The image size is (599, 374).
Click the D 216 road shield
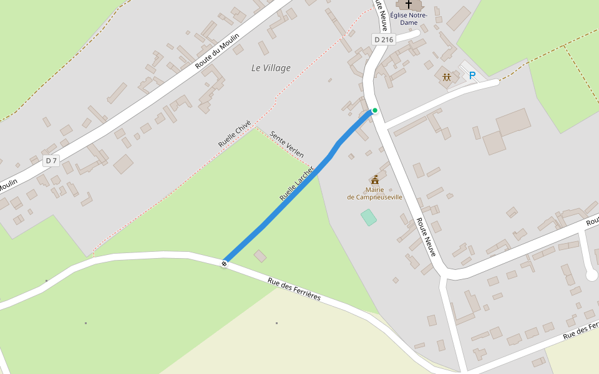[384, 39]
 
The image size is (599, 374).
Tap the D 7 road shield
[51, 161]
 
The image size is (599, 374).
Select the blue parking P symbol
[472, 76]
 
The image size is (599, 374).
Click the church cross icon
[409, 4]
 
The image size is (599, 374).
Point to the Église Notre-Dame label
[409, 18]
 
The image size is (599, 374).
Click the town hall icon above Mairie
[374, 180]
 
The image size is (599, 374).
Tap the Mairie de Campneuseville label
[374, 193]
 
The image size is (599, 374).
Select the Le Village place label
[271, 68]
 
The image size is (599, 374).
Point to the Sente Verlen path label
[287, 144]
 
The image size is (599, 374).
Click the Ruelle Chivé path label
[234, 134]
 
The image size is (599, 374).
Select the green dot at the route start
[375, 110]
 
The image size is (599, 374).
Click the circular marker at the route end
[224, 264]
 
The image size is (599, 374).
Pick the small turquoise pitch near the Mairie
[369, 218]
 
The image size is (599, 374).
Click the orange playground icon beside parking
[447, 77]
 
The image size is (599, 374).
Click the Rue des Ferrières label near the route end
[294, 289]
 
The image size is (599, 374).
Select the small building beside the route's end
[260, 256]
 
